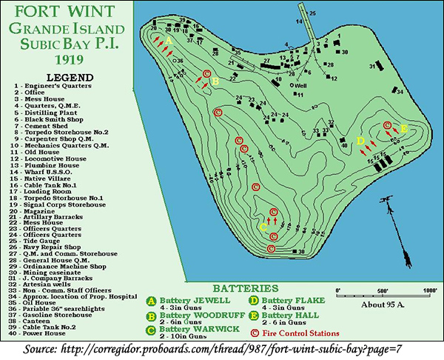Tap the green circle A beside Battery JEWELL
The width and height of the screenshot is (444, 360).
(x=150, y=301)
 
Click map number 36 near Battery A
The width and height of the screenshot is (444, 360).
(x=179, y=61)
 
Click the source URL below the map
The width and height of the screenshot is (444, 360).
(x=222, y=349)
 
